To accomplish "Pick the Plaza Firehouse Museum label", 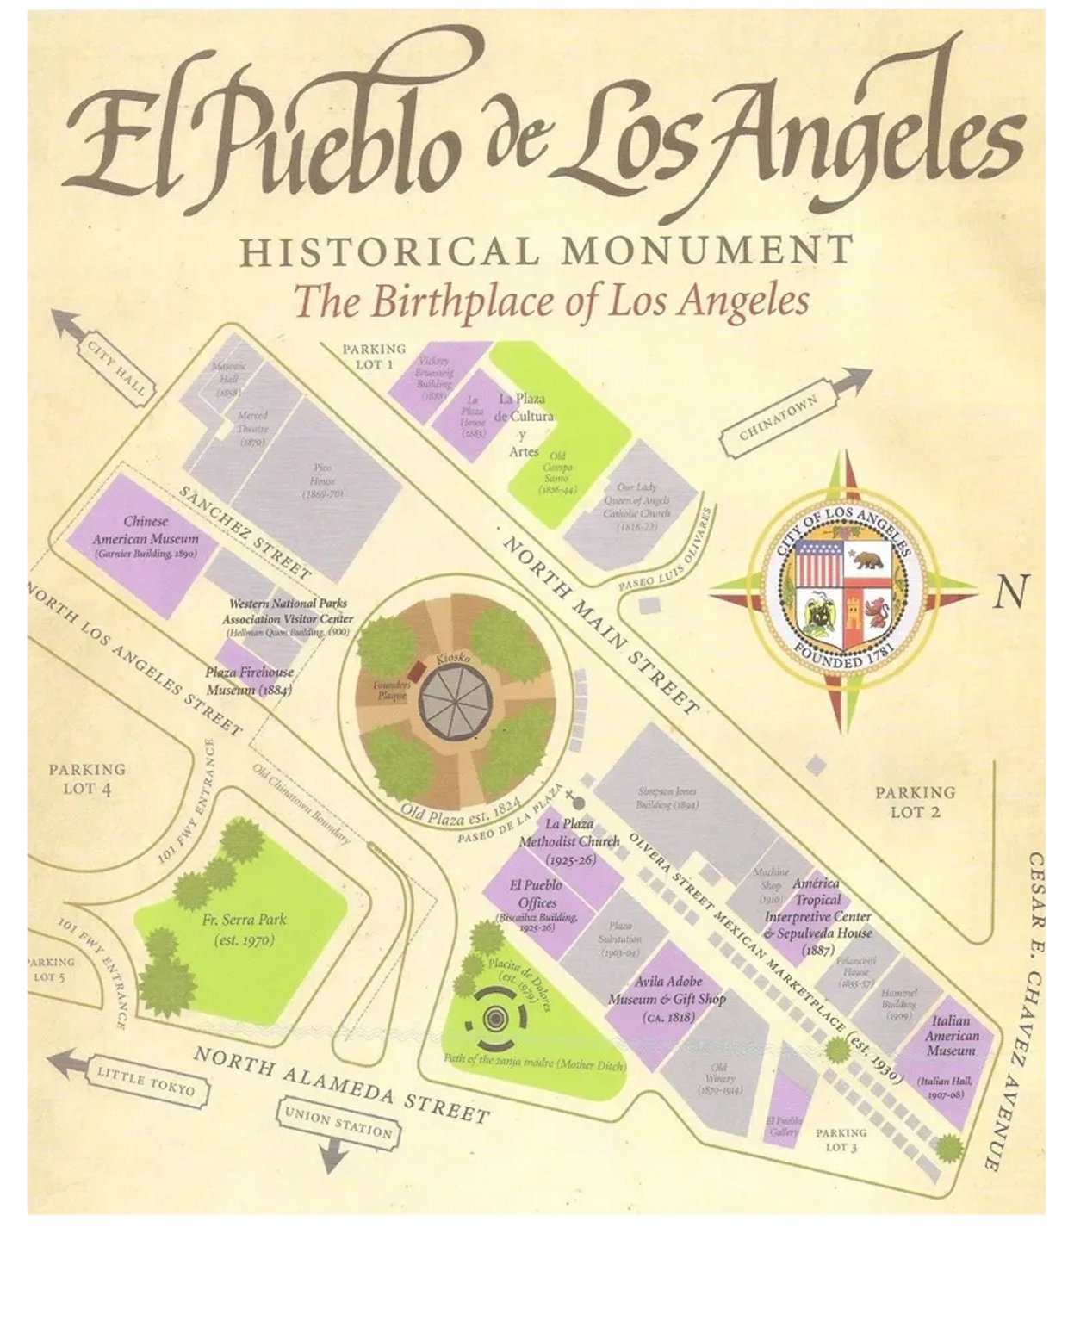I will click(250, 680).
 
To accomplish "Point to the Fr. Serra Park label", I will click(244, 928).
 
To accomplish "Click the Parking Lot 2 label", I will click(915, 801).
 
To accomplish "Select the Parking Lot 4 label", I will click(87, 778).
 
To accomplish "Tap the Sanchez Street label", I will click(245, 531).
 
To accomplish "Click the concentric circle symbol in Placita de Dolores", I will click(494, 1019).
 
